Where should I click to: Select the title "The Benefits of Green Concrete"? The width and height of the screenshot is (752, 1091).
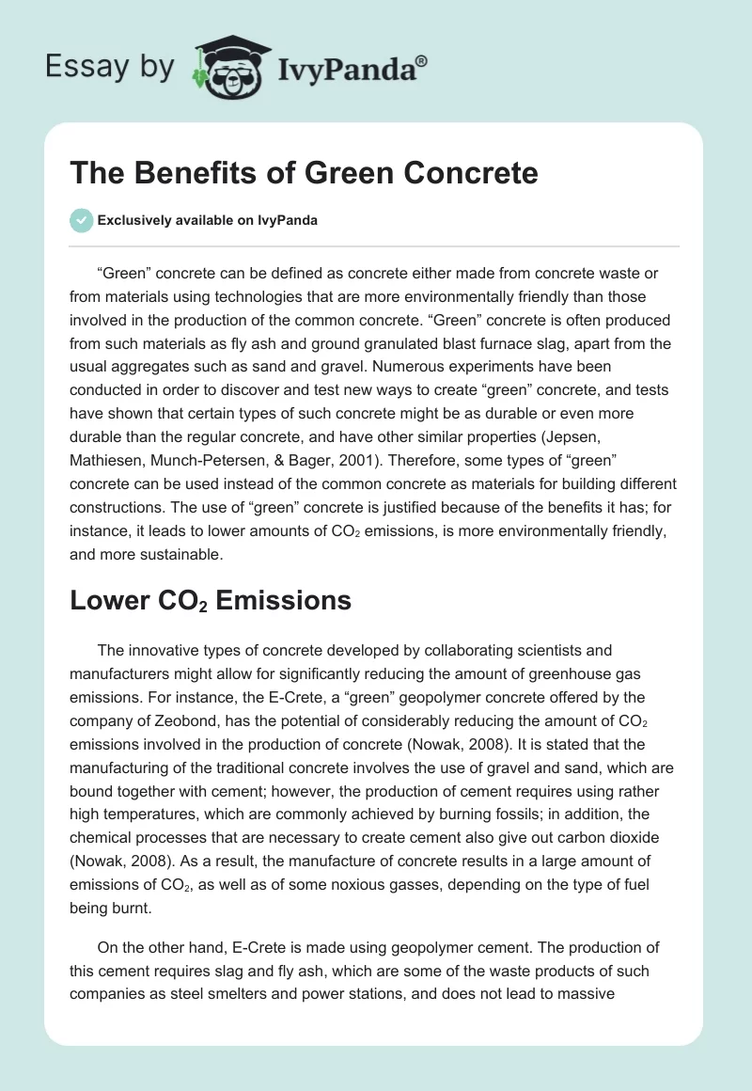coord(304,174)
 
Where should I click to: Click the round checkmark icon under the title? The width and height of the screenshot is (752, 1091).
coord(81,220)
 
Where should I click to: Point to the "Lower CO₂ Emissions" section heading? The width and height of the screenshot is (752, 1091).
coord(211,601)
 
